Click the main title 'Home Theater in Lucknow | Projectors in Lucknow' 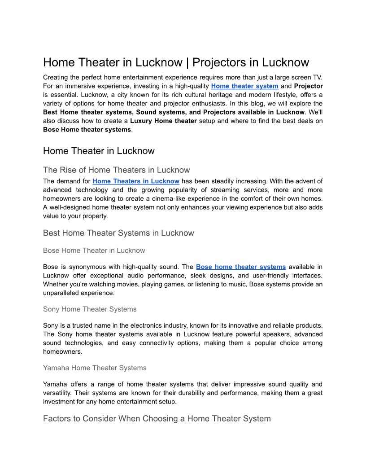tap(176, 62)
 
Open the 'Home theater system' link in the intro tap(244, 86)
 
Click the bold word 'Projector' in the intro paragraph tap(308, 86)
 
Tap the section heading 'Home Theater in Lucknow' tap(99, 151)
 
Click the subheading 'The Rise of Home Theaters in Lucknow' tap(116, 170)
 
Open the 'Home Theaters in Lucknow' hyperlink tap(136, 181)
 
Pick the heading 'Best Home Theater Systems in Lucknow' tap(118, 233)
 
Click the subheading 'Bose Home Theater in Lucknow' tap(94, 250)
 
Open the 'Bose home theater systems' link tap(240, 267)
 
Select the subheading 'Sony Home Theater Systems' tap(90, 309)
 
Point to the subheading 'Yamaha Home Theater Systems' tap(95, 368)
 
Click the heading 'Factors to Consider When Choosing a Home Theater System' tap(157, 419)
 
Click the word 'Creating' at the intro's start tap(57, 77)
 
